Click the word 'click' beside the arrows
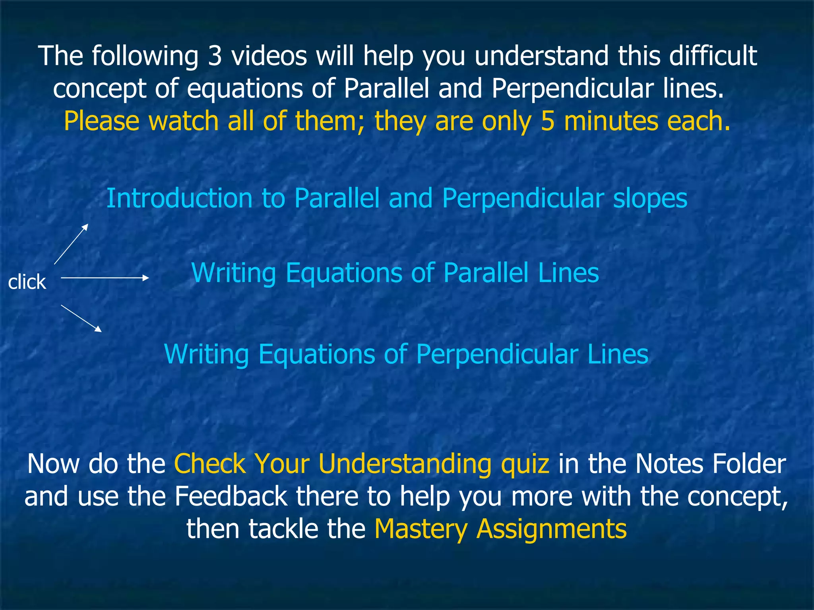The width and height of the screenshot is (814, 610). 27,282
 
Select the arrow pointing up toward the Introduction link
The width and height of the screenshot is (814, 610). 71,244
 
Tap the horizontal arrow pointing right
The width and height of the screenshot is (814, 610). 105,278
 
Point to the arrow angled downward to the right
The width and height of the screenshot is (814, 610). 81,318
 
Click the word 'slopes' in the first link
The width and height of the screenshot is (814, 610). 650,199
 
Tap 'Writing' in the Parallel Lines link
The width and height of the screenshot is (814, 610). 234,273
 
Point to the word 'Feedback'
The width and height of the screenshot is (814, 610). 231,496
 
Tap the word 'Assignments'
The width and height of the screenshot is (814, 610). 552,529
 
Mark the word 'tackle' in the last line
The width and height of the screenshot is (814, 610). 283,529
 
